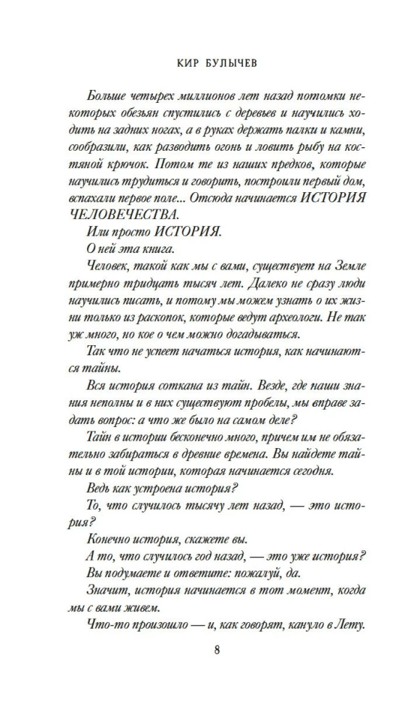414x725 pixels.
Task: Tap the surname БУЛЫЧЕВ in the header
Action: (x=222, y=64)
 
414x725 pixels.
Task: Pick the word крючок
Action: (x=111, y=167)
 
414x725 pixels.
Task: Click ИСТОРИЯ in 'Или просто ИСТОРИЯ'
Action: (x=185, y=237)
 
